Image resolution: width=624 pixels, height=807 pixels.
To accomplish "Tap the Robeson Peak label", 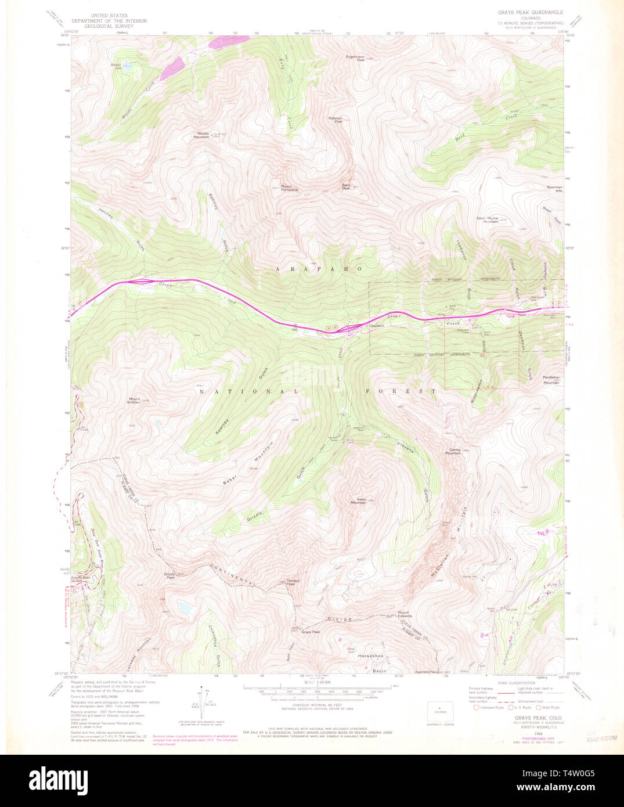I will pos(336,120).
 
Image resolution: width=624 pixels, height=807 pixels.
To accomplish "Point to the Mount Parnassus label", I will pos(290,188).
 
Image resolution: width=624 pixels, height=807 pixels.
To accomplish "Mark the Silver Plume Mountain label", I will pos(488,219).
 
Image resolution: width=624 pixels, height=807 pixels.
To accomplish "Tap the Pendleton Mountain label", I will pos(551,380).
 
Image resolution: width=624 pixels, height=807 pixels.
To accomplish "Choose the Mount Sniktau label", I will pos(134,401).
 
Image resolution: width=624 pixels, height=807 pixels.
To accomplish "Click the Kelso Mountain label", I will pos(358,500).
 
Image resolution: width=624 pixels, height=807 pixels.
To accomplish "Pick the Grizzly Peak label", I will pos(169,575).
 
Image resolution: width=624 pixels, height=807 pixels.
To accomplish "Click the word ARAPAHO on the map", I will pos(319,269).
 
